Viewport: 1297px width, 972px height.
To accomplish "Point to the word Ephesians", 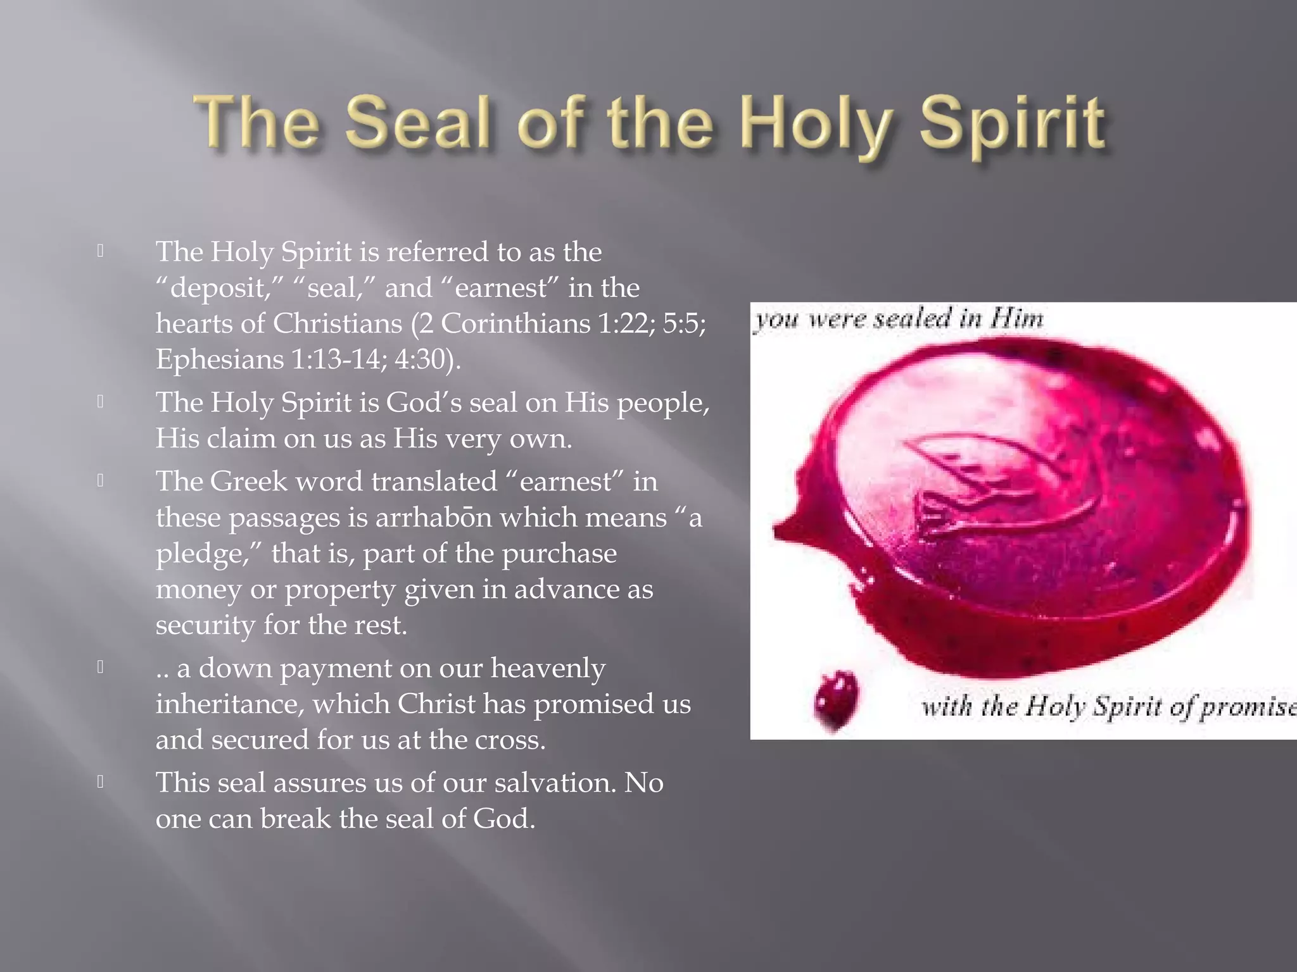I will point(220,359).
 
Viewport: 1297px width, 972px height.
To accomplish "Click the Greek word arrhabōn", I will point(433,518).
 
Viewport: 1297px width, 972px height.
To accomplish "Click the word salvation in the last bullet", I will point(554,783).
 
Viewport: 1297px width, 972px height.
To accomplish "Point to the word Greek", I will point(248,482).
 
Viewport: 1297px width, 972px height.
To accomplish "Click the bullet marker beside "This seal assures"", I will point(101,782).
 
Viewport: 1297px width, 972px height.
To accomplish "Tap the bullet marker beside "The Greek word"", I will point(101,481).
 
